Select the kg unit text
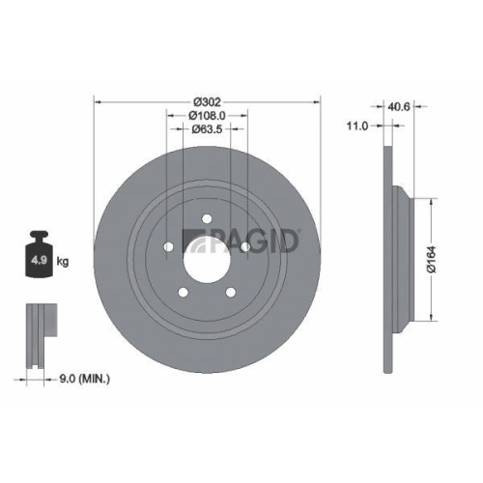62,262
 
